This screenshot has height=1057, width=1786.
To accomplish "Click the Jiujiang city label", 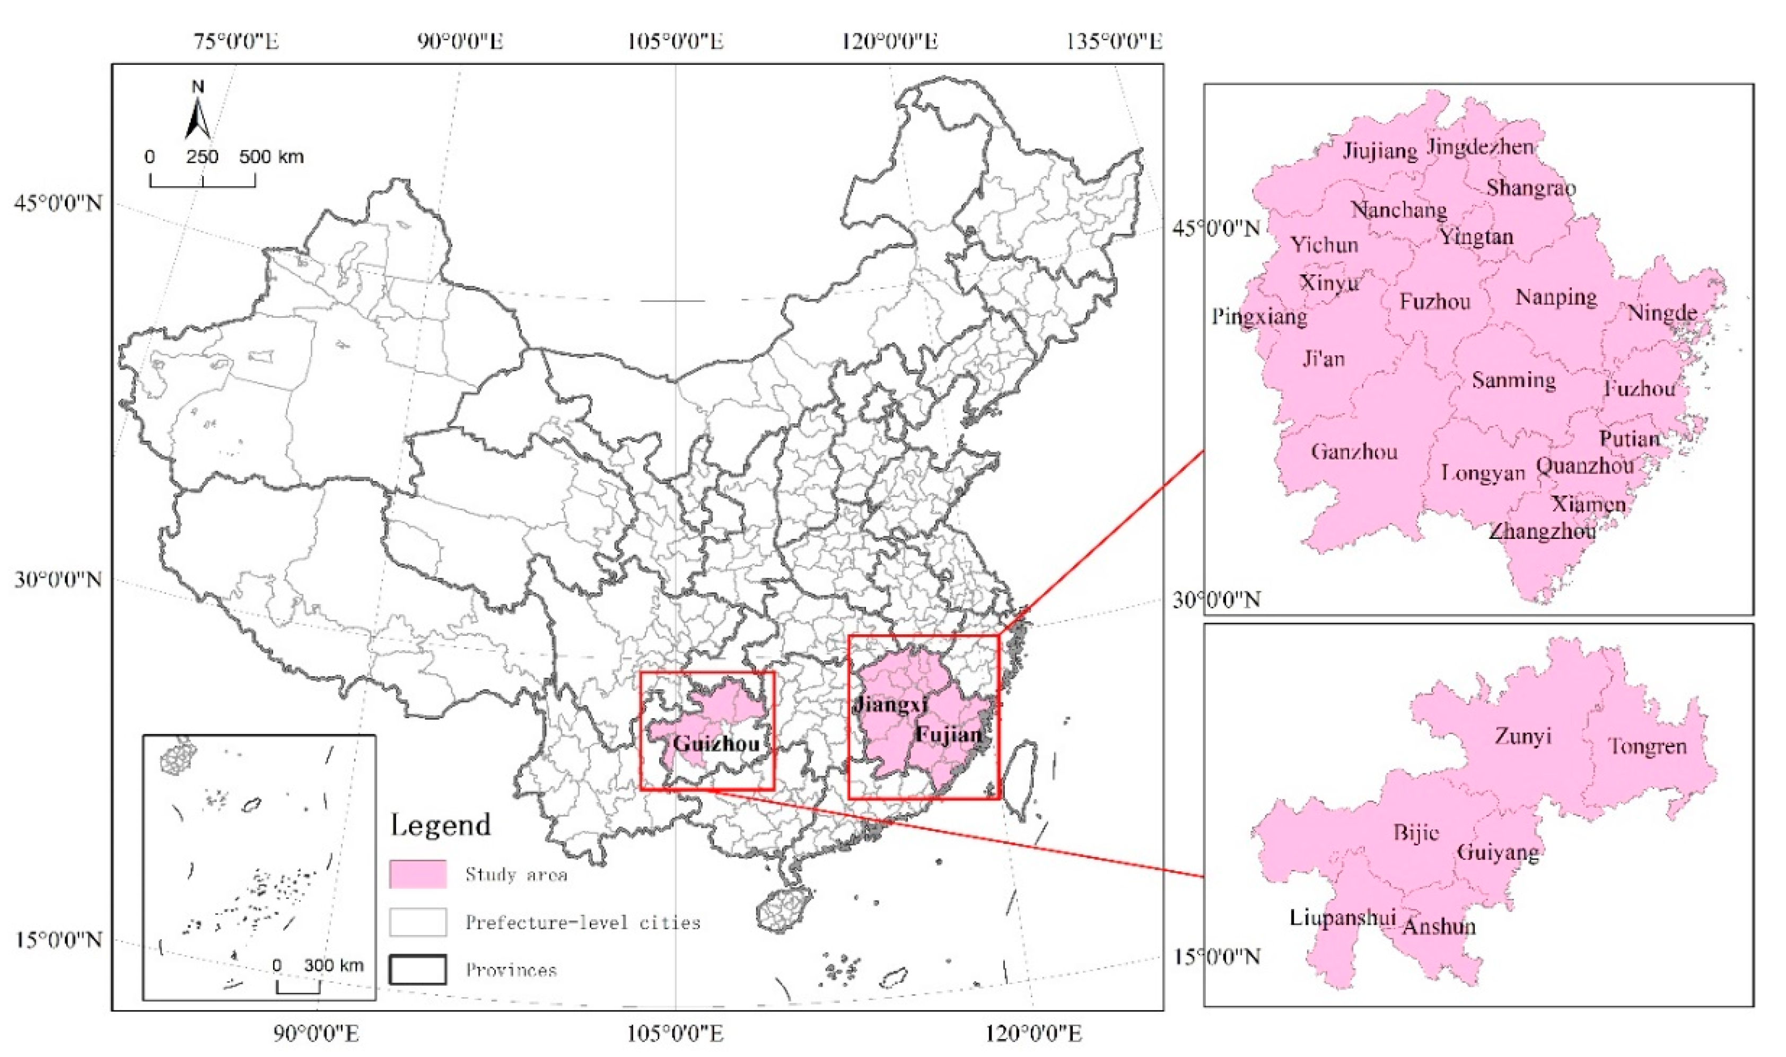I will pyautogui.click(x=1380, y=152).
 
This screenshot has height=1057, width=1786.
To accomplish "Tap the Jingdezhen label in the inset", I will pyautogui.click(x=1481, y=147).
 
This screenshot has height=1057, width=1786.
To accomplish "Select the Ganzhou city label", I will pyautogui.click(x=1354, y=451).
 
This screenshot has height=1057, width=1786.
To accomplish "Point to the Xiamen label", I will pyautogui.click(x=1589, y=504).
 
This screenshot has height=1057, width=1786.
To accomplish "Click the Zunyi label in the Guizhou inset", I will pyautogui.click(x=1523, y=736).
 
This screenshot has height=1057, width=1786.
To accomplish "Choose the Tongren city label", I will pyautogui.click(x=1647, y=746).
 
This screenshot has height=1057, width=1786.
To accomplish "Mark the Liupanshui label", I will pyautogui.click(x=1342, y=918).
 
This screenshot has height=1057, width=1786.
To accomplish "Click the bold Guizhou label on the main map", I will pyautogui.click(x=716, y=744).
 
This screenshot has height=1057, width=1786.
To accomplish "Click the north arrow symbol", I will pyautogui.click(x=198, y=112).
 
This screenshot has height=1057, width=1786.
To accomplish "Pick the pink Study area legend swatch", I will pyautogui.click(x=418, y=874).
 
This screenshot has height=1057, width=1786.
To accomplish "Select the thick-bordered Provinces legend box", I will pyautogui.click(x=418, y=969).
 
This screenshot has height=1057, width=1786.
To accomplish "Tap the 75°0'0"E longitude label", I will pyautogui.click(x=237, y=41).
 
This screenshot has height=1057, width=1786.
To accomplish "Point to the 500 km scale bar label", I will pyautogui.click(x=272, y=156).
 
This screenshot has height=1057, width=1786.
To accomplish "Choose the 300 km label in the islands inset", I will pyautogui.click(x=334, y=966).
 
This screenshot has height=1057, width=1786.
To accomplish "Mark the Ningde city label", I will pyautogui.click(x=1662, y=313).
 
